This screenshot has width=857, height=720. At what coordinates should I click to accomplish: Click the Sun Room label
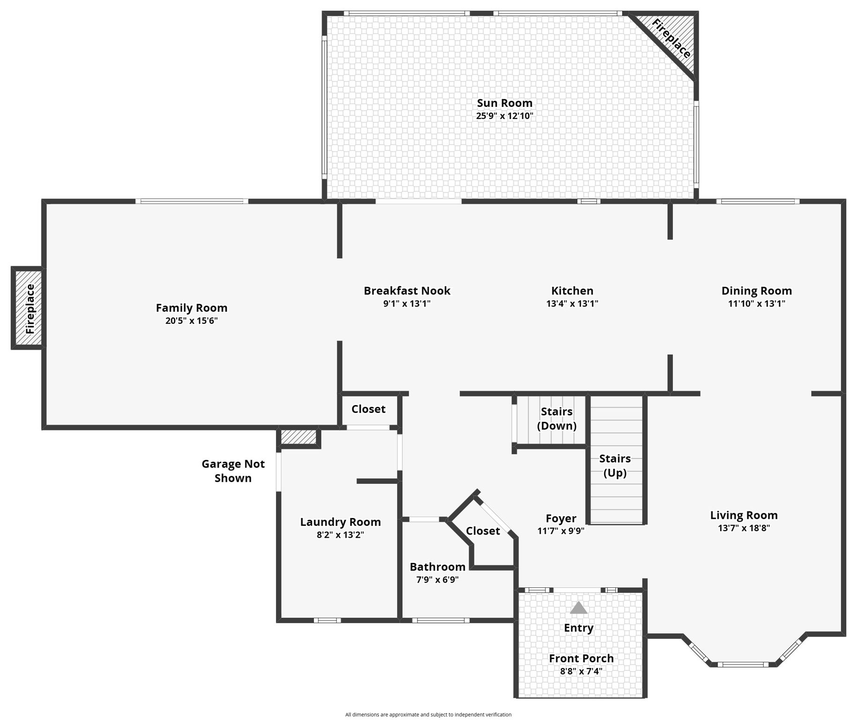coord(504,103)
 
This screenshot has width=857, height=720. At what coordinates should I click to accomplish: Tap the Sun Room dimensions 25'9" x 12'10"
coord(504,116)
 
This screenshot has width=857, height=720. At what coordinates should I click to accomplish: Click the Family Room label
coord(191,308)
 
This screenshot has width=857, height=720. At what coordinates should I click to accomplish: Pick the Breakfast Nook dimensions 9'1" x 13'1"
coord(406,303)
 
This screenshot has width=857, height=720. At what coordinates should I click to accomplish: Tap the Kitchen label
coord(572,291)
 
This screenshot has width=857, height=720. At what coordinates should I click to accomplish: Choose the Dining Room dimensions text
coord(756,303)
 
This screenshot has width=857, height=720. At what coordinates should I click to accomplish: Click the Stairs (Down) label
coord(556,418)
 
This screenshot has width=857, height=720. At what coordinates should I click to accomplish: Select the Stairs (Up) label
coord(615,465)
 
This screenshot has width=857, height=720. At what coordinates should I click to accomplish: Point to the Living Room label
coord(743,515)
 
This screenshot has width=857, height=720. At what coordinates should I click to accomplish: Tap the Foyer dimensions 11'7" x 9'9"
coord(560,531)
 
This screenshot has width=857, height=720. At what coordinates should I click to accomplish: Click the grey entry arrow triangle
coord(578,608)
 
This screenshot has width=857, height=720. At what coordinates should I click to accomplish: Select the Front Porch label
coord(581,658)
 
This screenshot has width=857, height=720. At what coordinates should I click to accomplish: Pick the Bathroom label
coord(437,567)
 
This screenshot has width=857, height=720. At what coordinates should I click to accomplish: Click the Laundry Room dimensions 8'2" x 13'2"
coord(340,535)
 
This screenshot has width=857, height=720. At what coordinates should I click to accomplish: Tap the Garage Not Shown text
coord(233,471)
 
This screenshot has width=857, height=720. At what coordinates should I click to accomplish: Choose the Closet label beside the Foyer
coord(483,531)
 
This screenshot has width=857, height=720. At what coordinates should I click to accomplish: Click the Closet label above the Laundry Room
coord(368,409)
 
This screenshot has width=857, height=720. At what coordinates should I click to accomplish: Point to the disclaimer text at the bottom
coord(428,714)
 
